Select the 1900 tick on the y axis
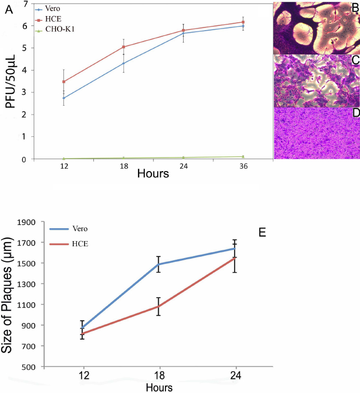click(27, 222)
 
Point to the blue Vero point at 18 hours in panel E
click(158, 264)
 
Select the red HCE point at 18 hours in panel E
click(158, 306)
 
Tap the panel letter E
click(262, 232)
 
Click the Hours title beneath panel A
click(153, 174)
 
